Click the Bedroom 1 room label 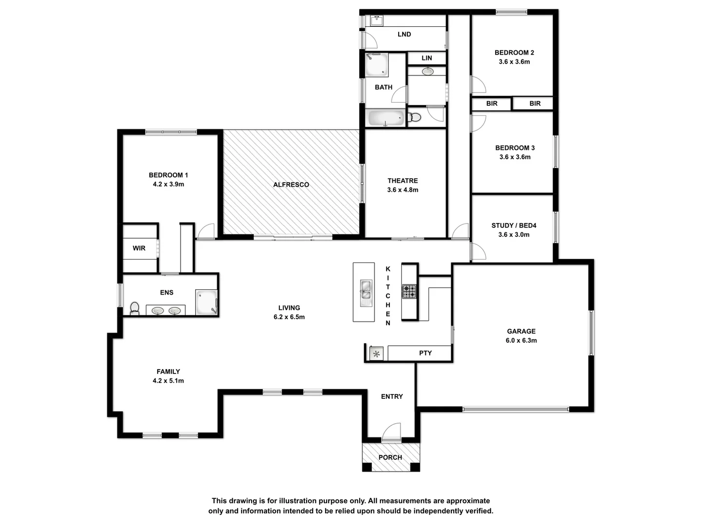click(168, 175)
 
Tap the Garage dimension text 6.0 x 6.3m click(521, 340)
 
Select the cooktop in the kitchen click(409, 291)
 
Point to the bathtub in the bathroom click(386, 118)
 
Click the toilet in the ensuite click(135, 308)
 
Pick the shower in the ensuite click(206, 302)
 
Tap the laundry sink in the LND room click(376, 20)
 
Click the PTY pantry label click(425, 353)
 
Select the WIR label click(139, 248)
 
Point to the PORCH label click(390, 457)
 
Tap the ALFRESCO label click(291, 185)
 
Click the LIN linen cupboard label click(426, 58)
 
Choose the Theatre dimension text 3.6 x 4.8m click(403, 190)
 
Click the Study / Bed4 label click(514, 225)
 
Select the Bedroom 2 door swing click(478, 85)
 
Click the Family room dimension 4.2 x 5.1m click(168, 381)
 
